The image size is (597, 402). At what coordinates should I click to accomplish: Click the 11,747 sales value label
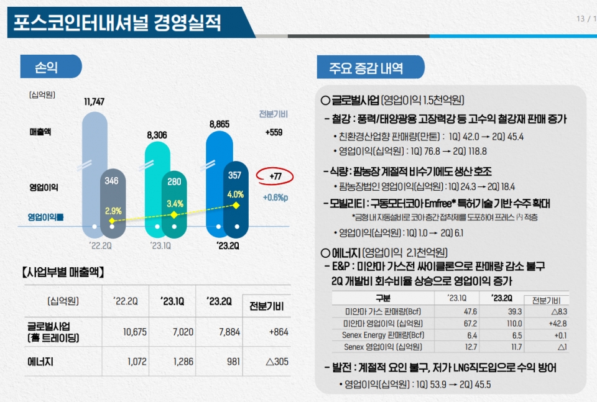[x=94, y=102]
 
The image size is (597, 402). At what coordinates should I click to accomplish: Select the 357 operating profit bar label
[x=235, y=176]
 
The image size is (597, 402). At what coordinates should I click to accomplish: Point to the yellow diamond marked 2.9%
[x=112, y=221]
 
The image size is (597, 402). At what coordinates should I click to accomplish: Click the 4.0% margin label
[x=235, y=194]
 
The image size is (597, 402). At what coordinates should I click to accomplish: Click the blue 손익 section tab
[x=50, y=66]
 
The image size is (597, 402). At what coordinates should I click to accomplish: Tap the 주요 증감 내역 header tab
[x=371, y=67]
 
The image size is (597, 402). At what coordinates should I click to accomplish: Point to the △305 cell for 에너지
[x=277, y=362]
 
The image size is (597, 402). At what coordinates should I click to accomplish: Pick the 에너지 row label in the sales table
[x=40, y=362]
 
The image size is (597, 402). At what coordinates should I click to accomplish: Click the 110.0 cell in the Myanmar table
[x=496, y=324]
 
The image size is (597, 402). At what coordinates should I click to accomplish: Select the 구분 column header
[x=383, y=298]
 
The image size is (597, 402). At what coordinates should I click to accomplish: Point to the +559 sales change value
[x=274, y=132]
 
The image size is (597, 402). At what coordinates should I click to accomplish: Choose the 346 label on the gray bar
[x=112, y=181]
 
